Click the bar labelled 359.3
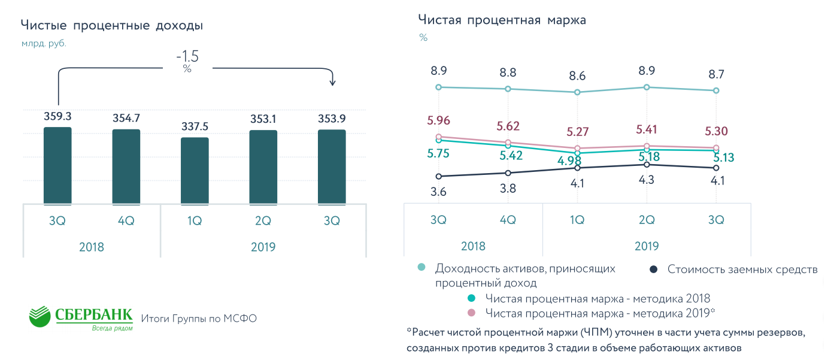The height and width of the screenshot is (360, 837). (x=57, y=166)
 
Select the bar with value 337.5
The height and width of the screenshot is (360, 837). (x=195, y=171)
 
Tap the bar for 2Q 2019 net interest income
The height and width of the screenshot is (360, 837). (x=263, y=167)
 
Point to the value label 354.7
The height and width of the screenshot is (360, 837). (x=126, y=117)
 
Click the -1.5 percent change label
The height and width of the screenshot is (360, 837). (x=187, y=58)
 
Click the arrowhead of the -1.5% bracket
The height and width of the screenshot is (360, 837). (x=332, y=82)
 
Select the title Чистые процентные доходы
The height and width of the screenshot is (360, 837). (x=112, y=26)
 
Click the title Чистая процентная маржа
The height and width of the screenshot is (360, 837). (x=502, y=20)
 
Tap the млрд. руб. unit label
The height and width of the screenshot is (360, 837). (x=44, y=44)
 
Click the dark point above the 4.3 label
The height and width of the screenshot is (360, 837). (x=647, y=164)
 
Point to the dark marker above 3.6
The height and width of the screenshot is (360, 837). (x=439, y=176)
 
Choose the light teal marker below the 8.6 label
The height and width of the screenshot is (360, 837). (x=577, y=92)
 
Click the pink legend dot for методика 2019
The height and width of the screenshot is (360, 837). (x=471, y=313)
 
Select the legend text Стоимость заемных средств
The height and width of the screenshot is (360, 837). (x=742, y=270)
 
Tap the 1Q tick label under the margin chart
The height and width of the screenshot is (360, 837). (x=577, y=220)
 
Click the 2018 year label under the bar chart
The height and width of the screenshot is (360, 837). (x=92, y=247)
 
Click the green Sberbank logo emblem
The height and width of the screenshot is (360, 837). (x=40, y=316)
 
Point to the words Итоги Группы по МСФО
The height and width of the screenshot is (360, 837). (x=199, y=319)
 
